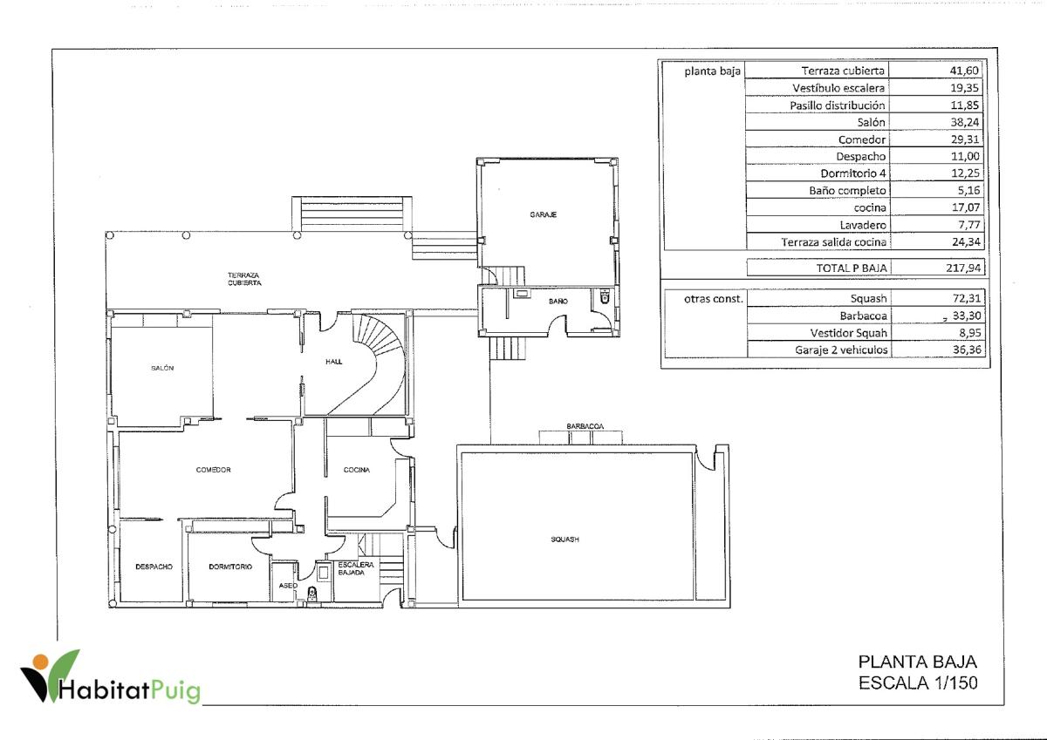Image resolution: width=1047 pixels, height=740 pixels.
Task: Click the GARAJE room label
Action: (x=543, y=214)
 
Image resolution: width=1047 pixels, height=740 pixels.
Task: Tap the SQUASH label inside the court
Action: (x=565, y=540)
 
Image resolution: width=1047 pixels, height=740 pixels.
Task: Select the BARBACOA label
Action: (x=585, y=426)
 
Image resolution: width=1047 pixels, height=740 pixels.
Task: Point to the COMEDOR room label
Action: (x=213, y=470)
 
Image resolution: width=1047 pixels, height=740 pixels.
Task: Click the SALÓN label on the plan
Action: (x=162, y=368)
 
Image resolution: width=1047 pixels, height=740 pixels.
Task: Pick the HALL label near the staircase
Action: (x=333, y=362)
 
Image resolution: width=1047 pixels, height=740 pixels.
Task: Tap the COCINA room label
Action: (x=357, y=470)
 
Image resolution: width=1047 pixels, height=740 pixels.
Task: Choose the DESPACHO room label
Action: (x=154, y=567)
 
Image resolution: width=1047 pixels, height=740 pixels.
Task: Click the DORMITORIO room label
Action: (x=230, y=567)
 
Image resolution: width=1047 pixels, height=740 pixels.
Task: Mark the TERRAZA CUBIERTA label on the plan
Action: (x=244, y=279)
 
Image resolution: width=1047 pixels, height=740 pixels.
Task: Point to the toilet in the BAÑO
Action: (x=605, y=296)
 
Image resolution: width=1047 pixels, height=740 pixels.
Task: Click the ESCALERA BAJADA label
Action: (x=356, y=568)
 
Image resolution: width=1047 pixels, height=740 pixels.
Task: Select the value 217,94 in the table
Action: (x=963, y=268)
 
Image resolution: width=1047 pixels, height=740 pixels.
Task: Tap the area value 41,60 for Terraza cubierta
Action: (x=964, y=71)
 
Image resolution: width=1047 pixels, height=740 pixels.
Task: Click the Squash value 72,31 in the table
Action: (x=966, y=298)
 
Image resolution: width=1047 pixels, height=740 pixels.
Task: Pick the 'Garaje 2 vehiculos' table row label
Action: (x=841, y=350)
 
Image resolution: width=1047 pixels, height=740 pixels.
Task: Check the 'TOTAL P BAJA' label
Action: (x=852, y=268)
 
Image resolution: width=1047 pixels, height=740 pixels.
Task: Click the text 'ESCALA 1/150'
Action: (x=918, y=682)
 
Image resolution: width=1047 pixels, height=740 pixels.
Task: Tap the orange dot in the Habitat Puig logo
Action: (x=41, y=662)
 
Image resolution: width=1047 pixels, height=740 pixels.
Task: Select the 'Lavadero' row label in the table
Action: (x=863, y=225)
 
